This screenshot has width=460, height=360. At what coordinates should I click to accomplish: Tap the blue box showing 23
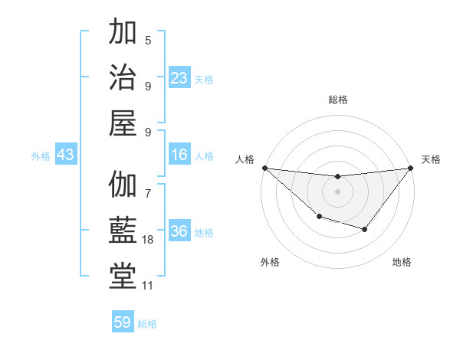coord(179,77)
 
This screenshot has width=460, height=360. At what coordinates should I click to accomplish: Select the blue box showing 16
coord(179,155)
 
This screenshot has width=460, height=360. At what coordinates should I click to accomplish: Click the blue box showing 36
coord(179,231)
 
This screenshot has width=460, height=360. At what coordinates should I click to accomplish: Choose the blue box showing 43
coord(65,155)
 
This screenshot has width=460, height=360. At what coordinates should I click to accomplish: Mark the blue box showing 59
coord(123,322)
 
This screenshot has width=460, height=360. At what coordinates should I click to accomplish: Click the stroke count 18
coord(148,240)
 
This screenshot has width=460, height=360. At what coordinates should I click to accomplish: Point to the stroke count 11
coord(148,285)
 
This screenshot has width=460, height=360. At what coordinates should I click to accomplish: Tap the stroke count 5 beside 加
coord(148,41)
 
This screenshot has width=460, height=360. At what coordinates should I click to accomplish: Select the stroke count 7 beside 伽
coord(148,185)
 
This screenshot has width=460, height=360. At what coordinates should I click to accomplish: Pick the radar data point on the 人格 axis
coord(264,168)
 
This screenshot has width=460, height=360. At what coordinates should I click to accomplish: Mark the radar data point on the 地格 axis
coord(365,229)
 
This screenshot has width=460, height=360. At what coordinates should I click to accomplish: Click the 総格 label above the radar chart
coord(337,100)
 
